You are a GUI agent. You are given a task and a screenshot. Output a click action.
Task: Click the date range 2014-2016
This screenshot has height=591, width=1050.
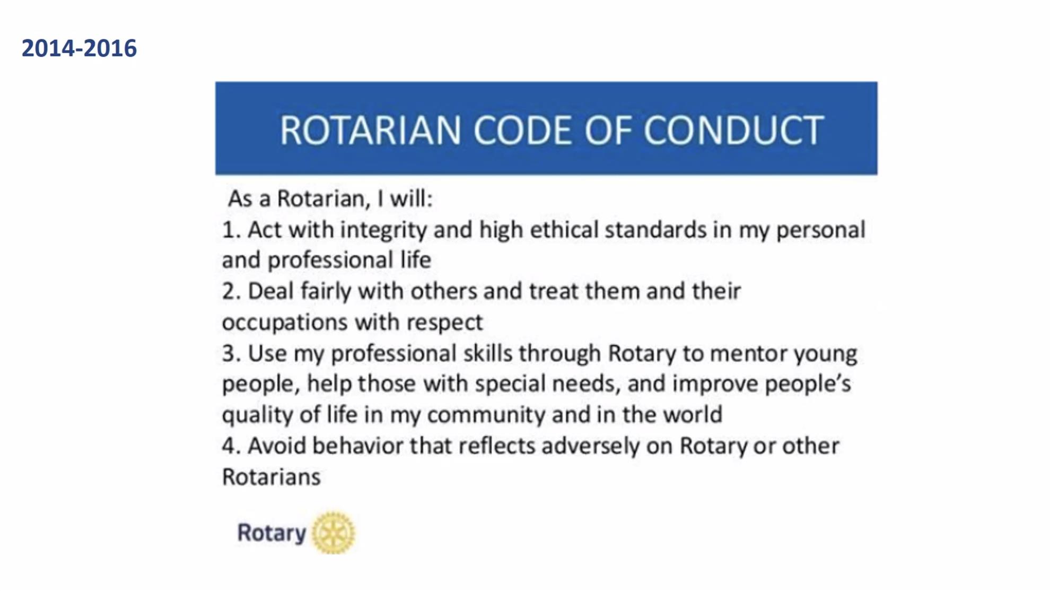pos(79,48)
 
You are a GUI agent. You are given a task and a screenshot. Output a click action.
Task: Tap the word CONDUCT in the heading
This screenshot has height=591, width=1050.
pos(733,131)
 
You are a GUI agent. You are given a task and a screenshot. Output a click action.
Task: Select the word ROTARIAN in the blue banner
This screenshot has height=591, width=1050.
pos(371,131)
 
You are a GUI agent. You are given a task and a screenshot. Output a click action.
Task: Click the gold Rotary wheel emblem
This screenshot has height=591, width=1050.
pos(333,533)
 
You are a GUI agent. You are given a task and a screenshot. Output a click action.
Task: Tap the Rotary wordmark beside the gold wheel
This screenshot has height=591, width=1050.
pos(272,533)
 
